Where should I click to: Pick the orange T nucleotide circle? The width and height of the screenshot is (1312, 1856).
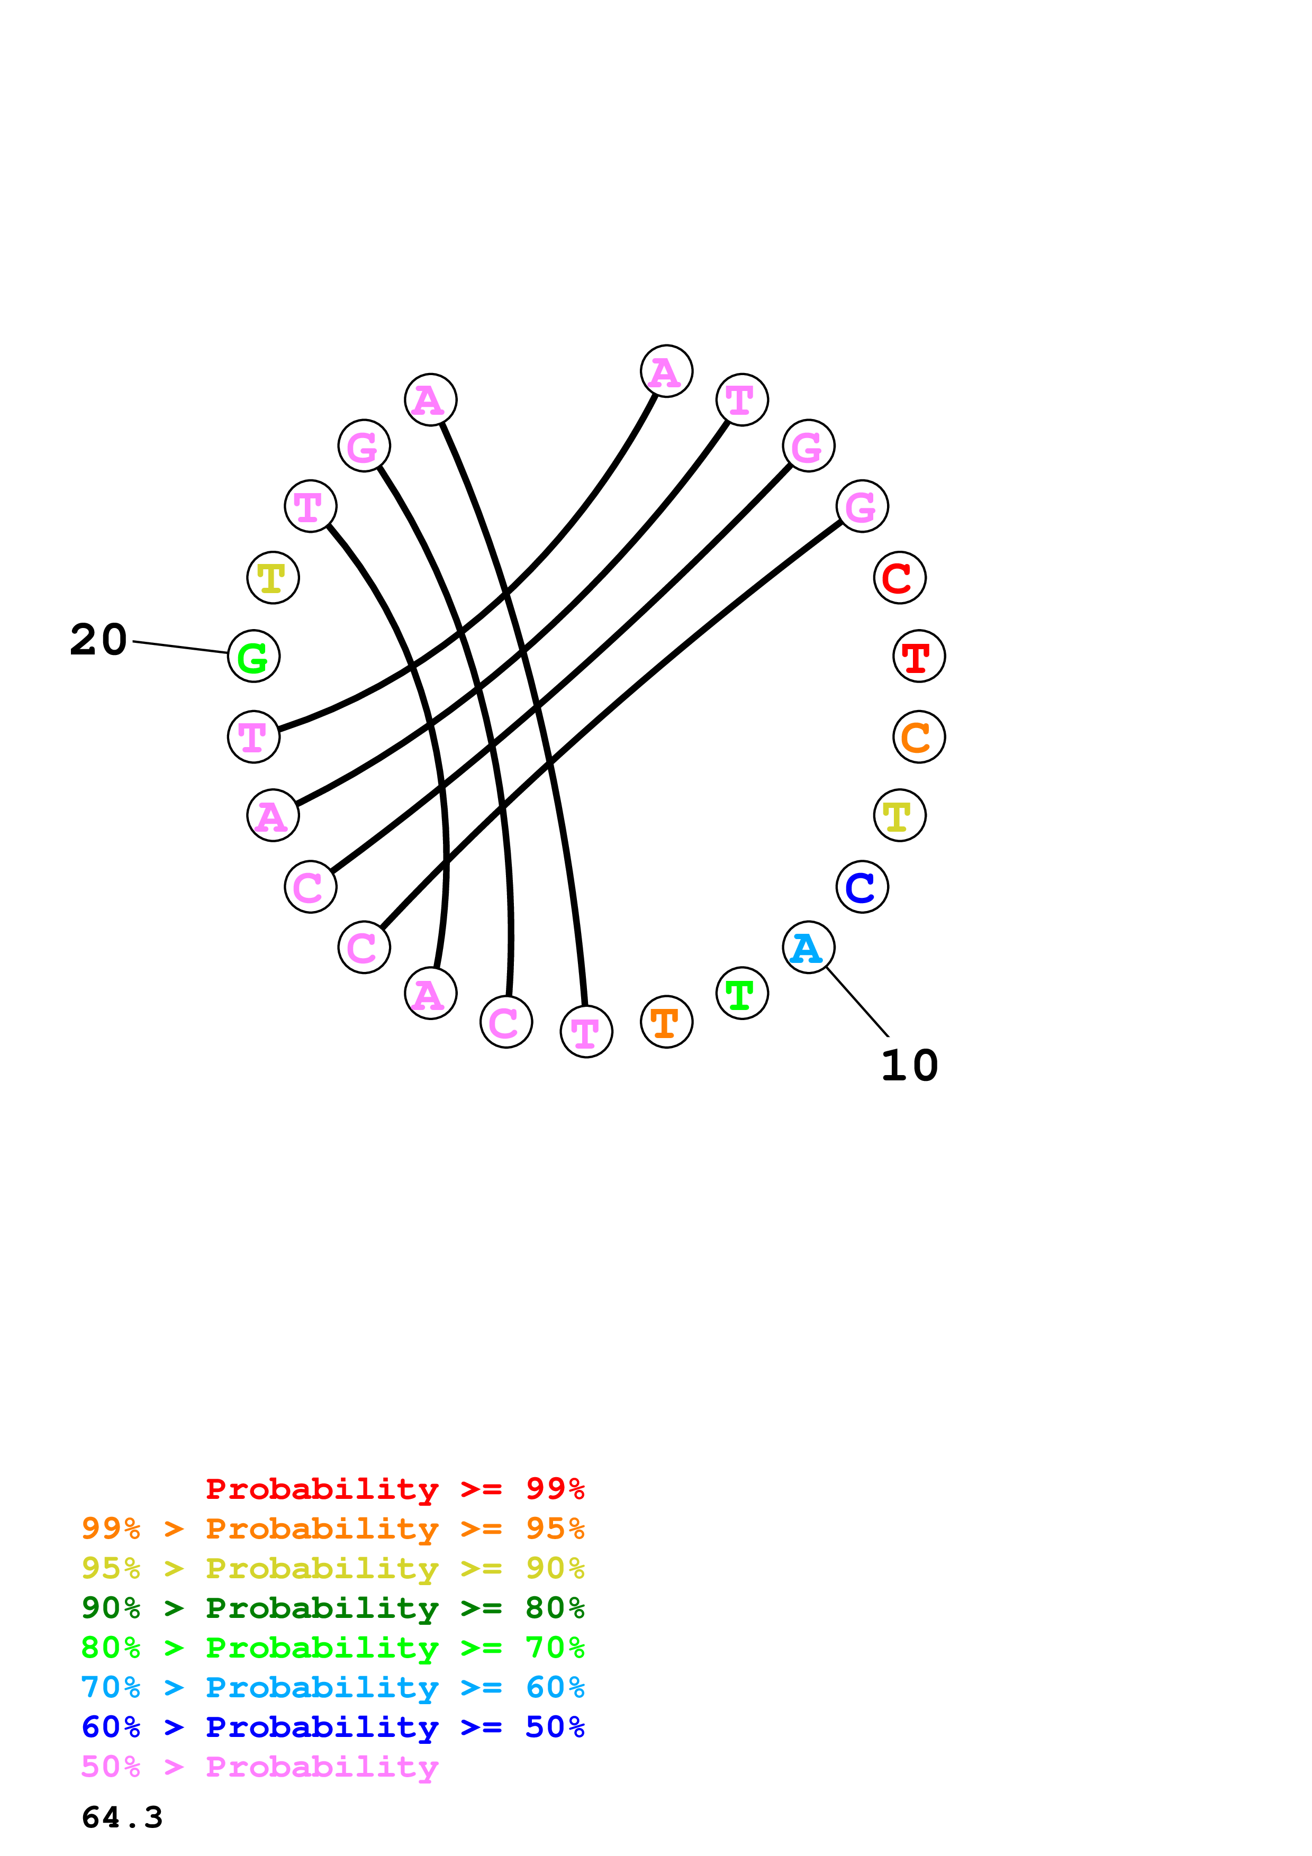point(666,1022)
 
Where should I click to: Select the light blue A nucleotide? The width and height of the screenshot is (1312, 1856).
point(808,948)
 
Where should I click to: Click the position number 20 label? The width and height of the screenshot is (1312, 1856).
point(98,640)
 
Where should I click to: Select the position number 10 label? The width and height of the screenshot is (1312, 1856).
point(909,1066)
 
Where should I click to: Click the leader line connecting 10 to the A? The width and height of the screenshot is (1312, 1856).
point(857,1002)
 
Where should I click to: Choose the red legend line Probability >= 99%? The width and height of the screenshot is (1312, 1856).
point(394,1488)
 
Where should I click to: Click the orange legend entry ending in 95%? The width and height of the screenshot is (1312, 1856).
point(332,1529)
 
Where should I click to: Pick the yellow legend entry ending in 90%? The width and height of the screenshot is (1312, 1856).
point(332,1568)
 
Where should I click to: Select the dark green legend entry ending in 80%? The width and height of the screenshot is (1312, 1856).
point(332,1608)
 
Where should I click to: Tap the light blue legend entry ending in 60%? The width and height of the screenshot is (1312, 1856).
point(332,1687)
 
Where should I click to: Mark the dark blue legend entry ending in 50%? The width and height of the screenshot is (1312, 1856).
point(332,1727)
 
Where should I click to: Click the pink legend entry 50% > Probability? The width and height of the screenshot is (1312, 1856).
point(259,1766)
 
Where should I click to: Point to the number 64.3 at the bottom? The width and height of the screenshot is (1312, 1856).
point(122,1817)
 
